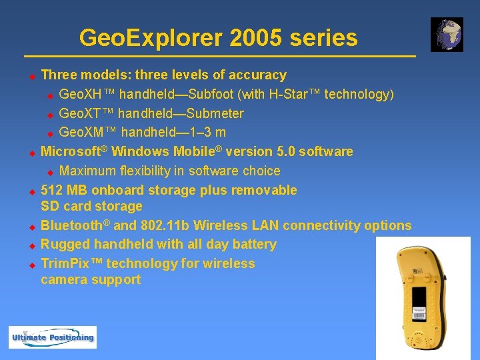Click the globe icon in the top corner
coord(446,35)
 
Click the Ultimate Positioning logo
coord(53,337)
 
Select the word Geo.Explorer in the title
coord(150,38)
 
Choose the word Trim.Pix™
coord(71,263)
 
